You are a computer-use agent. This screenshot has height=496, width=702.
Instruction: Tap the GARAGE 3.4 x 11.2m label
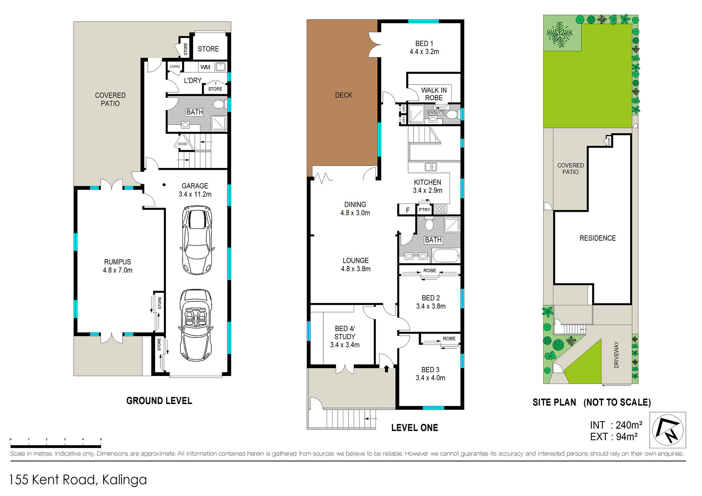[195, 190]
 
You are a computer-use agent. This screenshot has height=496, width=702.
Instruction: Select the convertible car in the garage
[196, 325]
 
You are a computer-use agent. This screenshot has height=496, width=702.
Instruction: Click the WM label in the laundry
[205, 67]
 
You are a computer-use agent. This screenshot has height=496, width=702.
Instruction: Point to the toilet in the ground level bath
[219, 104]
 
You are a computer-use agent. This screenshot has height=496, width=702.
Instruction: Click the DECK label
[344, 95]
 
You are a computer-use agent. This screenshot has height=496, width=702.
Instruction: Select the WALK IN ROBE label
[434, 94]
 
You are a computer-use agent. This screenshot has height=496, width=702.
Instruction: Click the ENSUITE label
[436, 112]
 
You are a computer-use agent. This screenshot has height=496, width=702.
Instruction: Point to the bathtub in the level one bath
[446, 255]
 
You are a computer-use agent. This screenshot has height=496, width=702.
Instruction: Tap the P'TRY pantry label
[424, 210]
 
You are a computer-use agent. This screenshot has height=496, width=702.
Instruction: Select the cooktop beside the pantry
[441, 209]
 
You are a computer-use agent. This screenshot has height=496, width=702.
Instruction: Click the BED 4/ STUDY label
[345, 337]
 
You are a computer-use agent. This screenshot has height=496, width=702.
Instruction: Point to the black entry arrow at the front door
[386, 369]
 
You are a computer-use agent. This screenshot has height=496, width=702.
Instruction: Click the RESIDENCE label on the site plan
[597, 238]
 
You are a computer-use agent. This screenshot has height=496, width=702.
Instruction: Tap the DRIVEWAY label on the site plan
[616, 355]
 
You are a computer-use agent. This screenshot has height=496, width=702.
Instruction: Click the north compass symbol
[668, 430]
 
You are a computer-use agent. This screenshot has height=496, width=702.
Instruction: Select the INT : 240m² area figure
[616, 425]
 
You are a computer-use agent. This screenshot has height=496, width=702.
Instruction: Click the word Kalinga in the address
[124, 480]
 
